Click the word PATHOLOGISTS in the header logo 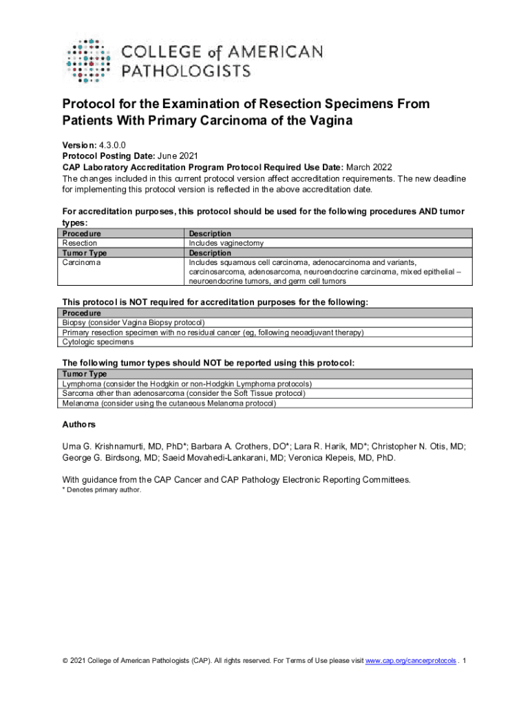coord(186,70)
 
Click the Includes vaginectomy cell coord(226,243)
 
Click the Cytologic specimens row coord(98,341)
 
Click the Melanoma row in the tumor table coord(169,403)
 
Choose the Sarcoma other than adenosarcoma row coord(183,393)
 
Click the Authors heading coord(79,424)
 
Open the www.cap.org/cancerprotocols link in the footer coord(410,661)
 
